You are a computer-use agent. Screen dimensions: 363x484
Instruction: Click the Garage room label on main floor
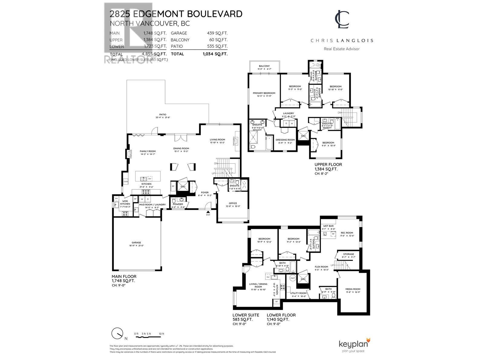(136, 243)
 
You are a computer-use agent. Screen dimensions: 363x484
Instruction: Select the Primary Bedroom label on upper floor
(264, 93)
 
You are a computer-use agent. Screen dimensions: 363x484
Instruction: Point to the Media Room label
(353, 289)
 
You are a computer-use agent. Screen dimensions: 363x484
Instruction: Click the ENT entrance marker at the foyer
(208, 215)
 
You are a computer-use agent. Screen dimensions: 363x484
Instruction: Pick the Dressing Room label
(285, 140)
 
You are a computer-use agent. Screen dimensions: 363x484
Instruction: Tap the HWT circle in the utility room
(293, 278)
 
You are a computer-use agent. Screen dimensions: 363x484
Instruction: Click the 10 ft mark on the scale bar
(162, 334)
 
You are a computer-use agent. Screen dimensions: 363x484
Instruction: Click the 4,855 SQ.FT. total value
(154, 54)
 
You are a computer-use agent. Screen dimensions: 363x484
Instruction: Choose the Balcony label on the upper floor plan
(264, 66)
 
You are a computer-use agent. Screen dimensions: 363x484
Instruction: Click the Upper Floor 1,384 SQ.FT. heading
(328, 167)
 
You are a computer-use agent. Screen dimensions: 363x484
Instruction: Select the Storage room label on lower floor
(348, 254)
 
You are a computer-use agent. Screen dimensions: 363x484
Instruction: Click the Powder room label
(178, 204)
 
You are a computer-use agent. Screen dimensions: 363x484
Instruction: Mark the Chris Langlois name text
(342, 41)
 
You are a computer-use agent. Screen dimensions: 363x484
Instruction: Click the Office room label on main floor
(233, 203)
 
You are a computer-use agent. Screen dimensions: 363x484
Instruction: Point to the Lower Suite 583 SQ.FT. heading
(246, 317)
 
